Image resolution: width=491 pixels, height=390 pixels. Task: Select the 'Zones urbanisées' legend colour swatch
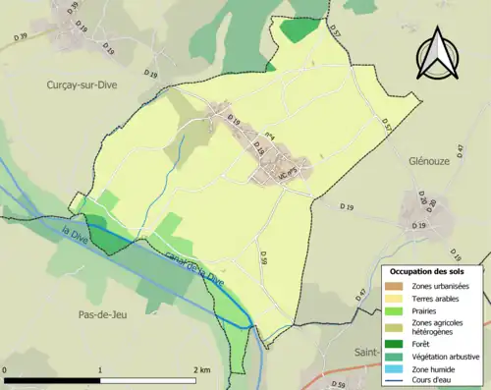(396, 286)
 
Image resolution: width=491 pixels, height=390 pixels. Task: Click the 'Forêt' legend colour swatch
(396, 343)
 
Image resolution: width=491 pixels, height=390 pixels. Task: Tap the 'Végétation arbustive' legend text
(448, 355)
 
